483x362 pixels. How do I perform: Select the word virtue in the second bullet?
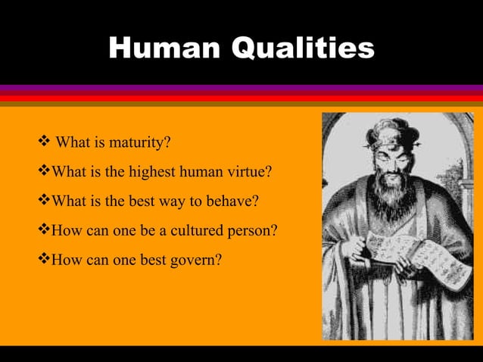pyautogui.click(x=245, y=172)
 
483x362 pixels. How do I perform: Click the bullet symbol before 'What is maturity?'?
pyautogui.click(x=44, y=142)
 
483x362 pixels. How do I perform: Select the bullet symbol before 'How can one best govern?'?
pyautogui.click(x=44, y=260)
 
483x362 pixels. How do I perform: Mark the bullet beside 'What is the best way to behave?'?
pyautogui.click(x=44, y=201)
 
